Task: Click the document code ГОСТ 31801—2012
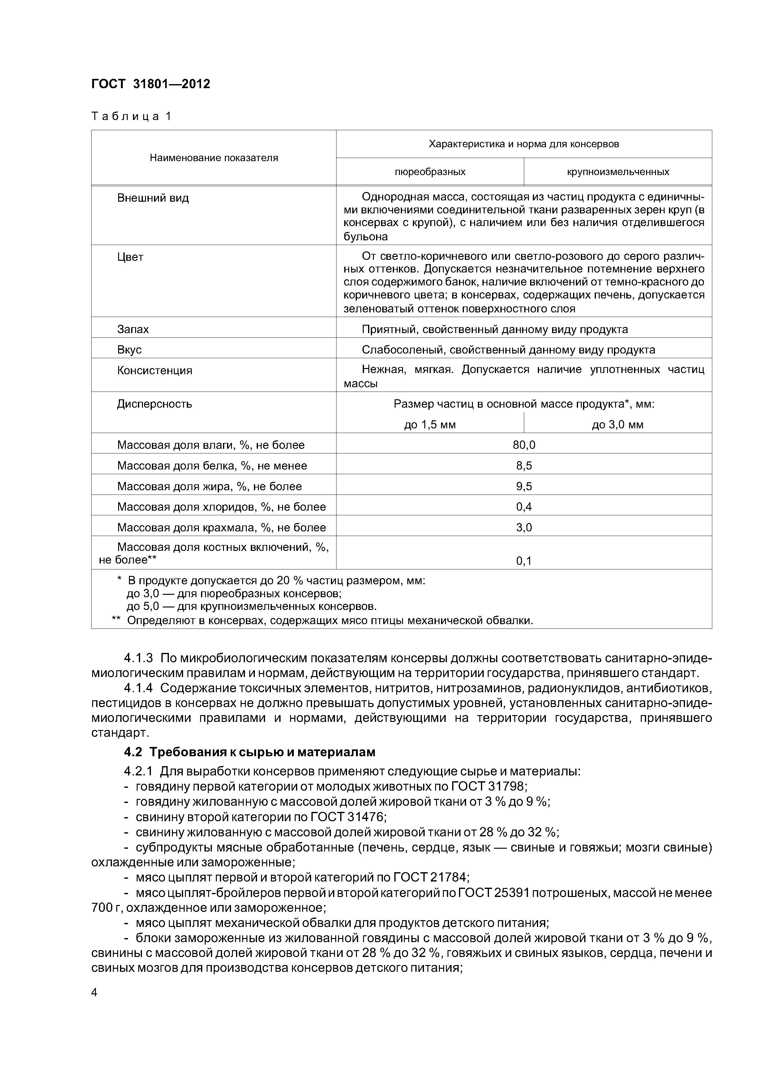point(150,84)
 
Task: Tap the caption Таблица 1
point(131,116)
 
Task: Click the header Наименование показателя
point(214,158)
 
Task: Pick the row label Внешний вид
point(153,198)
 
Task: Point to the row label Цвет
point(130,257)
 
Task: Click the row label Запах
point(133,329)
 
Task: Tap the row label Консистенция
point(155,371)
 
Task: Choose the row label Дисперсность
point(155,404)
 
